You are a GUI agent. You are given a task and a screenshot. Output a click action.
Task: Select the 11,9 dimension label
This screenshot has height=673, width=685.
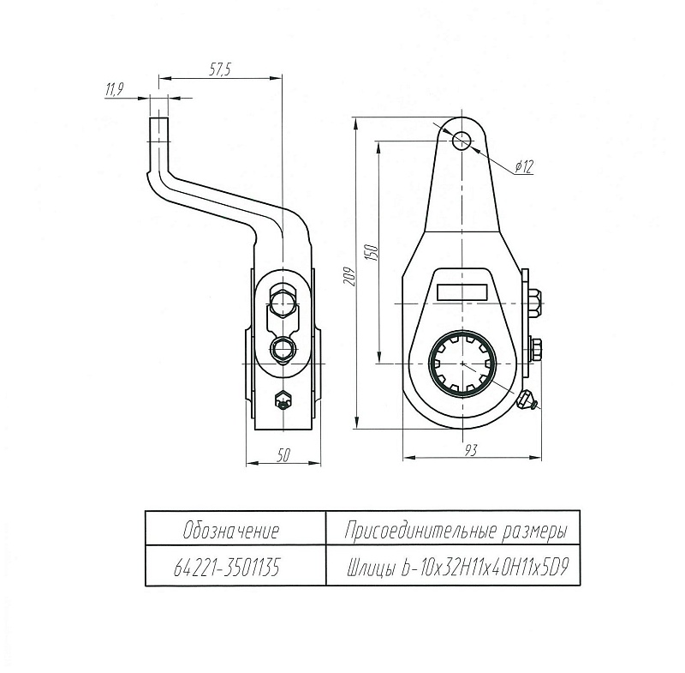[115, 89]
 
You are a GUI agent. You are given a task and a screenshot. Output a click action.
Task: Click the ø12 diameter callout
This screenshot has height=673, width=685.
[524, 168]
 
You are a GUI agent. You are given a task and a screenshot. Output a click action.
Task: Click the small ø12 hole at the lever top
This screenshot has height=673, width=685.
[463, 139]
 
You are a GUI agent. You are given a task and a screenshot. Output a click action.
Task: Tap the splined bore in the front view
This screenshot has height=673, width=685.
[462, 364]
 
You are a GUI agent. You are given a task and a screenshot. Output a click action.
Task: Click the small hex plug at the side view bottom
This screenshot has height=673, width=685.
[282, 399]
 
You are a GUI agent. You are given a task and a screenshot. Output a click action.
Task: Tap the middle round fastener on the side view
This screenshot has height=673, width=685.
[282, 348]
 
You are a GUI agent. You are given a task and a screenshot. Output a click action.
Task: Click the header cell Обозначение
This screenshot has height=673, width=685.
[232, 530]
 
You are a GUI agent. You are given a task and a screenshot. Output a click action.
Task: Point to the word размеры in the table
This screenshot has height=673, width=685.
[532, 530]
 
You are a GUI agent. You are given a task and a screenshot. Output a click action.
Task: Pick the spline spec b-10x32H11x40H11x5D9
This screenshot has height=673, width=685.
[485, 567]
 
